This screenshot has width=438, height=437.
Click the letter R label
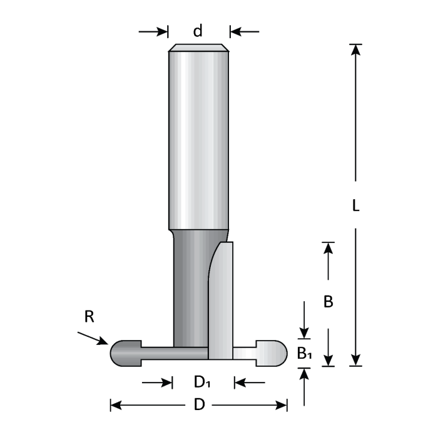click(89, 317)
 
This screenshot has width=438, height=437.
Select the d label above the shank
click(198, 31)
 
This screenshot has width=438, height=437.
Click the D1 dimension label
click(201, 382)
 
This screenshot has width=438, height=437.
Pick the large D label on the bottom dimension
click(200, 404)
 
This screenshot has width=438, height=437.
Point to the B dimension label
click(328, 302)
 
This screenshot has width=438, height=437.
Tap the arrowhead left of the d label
click(164, 31)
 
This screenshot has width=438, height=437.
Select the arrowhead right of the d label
click(234, 31)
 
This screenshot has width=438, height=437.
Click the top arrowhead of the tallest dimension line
click(355, 49)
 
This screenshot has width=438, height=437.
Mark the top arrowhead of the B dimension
click(328, 248)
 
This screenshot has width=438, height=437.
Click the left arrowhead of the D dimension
click(116, 404)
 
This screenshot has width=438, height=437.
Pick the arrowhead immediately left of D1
click(167, 382)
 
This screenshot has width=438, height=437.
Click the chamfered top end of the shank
click(198, 48)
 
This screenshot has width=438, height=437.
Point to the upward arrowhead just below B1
click(304, 373)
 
